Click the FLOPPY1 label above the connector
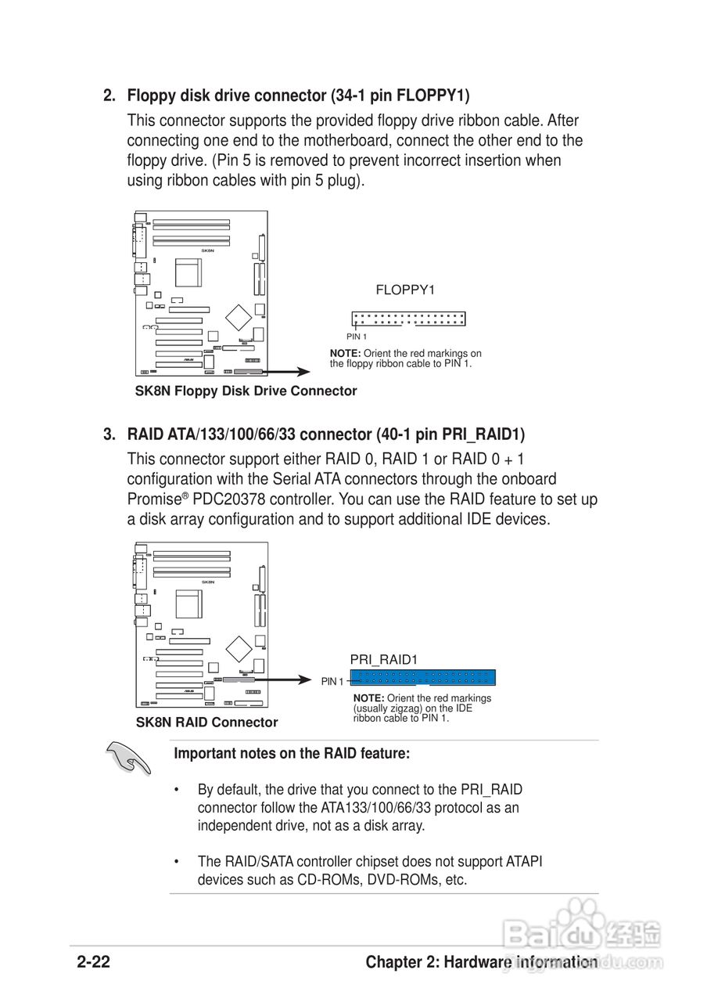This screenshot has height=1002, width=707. tap(404, 290)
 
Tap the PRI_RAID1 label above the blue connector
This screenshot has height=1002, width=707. tap(383, 660)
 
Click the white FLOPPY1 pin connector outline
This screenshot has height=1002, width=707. tap(408, 319)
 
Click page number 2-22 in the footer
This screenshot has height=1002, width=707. tap(93, 962)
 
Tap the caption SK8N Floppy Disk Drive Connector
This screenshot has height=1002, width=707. tap(246, 391)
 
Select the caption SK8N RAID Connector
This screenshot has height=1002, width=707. tap(206, 723)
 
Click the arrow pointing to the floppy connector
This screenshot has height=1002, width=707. tap(285, 372)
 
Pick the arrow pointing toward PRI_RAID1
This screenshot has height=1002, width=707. tap(285, 679)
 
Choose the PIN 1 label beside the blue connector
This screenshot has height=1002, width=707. tap(332, 682)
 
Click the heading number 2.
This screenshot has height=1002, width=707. tap(109, 96)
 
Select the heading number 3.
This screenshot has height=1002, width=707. tap(109, 434)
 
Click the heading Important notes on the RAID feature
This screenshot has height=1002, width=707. tap(292, 754)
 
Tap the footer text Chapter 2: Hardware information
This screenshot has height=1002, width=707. tap(481, 962)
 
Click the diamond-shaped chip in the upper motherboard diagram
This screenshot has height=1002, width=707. tap(238, 316)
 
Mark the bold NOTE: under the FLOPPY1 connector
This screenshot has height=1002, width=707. tap(345, 354)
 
